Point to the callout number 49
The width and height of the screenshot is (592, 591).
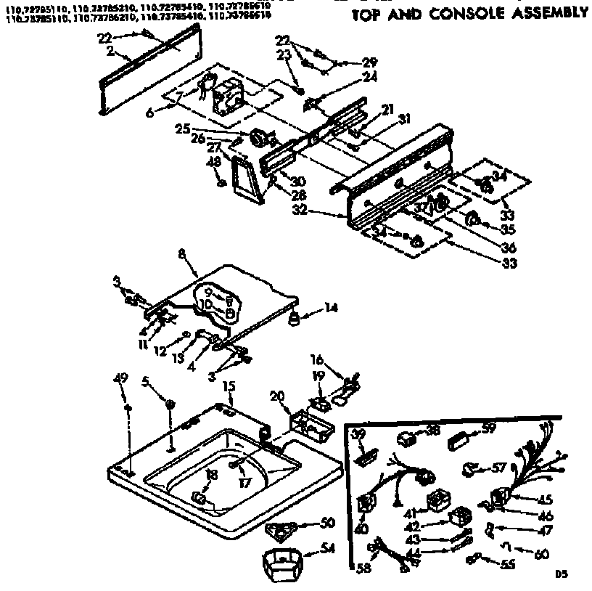[121, 378]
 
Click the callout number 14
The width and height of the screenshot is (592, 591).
[331, 307]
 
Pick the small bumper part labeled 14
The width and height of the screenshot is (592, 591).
[295, 317]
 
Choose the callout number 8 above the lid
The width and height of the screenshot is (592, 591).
[181, 253]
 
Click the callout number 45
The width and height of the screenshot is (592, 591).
[544, 499]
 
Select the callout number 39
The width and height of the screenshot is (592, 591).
[356, 433]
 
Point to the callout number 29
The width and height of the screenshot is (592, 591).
[370, 62]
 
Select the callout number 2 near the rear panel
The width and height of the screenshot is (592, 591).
[109, 50]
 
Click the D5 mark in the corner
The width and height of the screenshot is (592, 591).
[560, 574]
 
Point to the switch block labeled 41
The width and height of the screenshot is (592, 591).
[437, 501]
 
